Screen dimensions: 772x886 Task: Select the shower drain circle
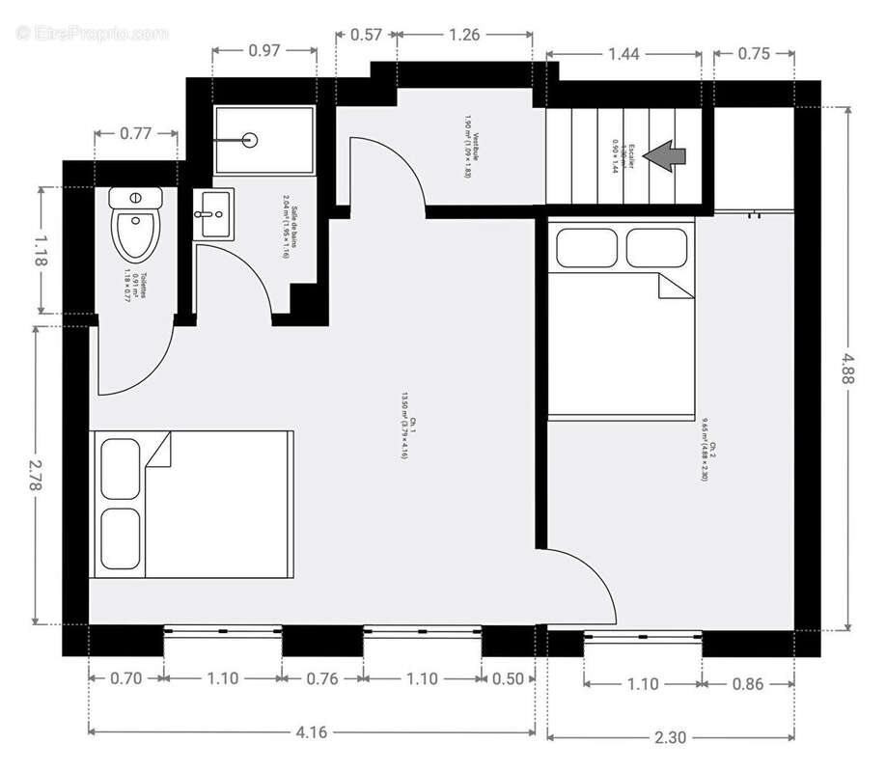[x=251, y=140]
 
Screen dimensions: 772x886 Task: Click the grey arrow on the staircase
[x=665, y=156]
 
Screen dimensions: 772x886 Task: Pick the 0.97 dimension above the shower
[x=264, y=50]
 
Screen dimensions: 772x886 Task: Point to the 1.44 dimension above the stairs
[x=623, y=54]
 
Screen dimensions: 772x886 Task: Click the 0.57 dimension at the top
[x=366, y=36]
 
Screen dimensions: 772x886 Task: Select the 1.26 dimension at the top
[x=464, y=36]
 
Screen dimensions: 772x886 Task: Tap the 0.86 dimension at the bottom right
[x=748, y=684]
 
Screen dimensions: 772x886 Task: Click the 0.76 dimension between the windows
[x=322, y=678]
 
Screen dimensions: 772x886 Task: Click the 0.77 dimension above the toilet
[x=136, y=134]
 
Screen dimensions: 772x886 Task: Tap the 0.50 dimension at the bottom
[x=508, y=678]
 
